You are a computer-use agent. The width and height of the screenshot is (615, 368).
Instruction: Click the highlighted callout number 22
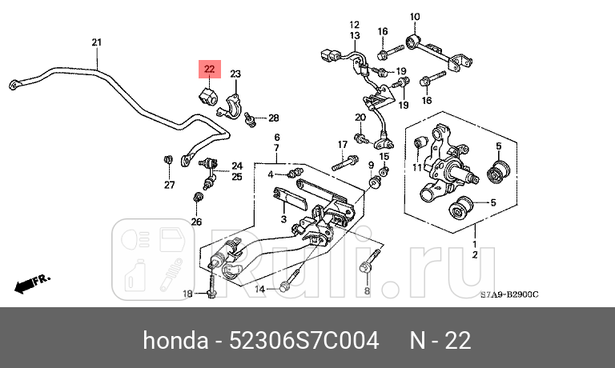[208, 70]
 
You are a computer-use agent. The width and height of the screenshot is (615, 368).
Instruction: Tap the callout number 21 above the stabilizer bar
[96, 42]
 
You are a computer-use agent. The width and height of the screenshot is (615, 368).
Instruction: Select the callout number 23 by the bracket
[235, 74]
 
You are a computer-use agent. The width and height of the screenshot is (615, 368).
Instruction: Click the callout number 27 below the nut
[169, 186]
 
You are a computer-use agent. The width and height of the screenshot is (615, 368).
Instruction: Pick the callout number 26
[196, 222]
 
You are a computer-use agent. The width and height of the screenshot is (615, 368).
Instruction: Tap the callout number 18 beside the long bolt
[187, 294]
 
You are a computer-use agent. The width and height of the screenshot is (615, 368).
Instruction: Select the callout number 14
[259, 289]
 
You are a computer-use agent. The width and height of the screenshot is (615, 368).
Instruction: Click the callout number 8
[367, 292]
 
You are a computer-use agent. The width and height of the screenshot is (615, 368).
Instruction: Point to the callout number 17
[342, 145]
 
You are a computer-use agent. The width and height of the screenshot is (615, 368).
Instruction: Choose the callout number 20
[360, 118]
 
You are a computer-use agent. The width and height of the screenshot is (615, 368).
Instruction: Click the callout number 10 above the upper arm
[415, 17]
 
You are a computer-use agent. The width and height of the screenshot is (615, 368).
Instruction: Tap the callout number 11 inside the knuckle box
[416, 167]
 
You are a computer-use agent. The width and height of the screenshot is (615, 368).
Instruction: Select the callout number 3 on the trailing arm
[283, 218]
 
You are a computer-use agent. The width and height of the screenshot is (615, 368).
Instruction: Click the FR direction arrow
[32, 282]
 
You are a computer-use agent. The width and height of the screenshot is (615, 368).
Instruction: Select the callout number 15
[384, 156]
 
